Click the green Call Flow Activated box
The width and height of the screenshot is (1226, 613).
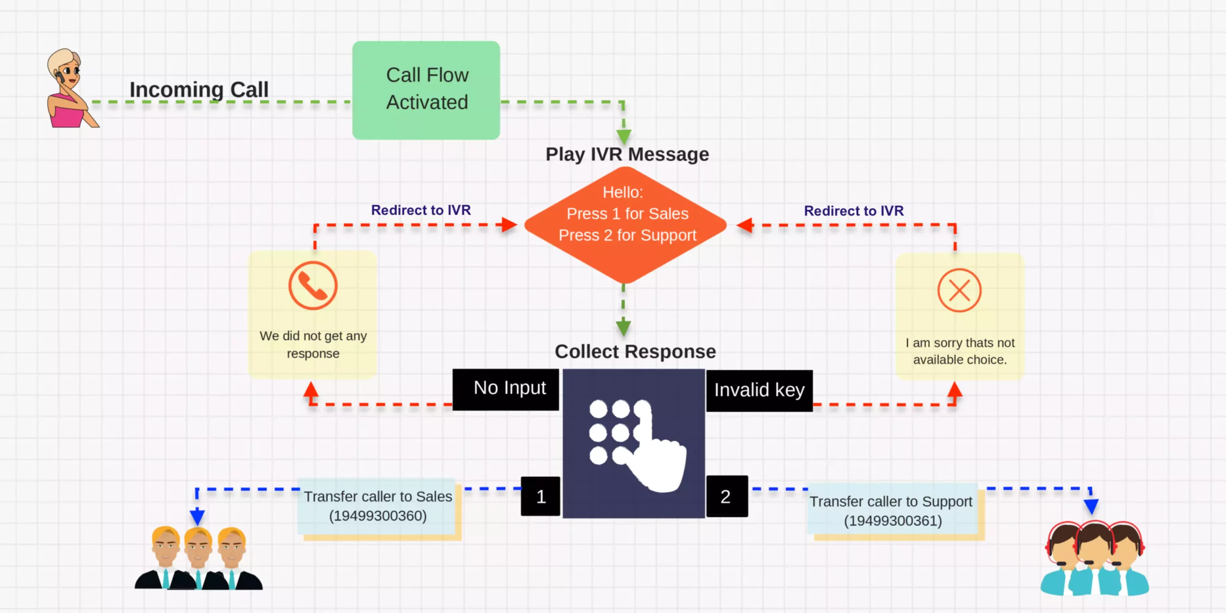pyautogui.click(x=426, y=90)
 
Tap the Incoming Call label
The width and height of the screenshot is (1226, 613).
pyautogui.click(x=199, y=90)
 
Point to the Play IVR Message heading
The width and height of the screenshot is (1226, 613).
pyautogui.click(x=627, y=154)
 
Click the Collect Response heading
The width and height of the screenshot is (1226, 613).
pyautogui.click(x=635, y=352)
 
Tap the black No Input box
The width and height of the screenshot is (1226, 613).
pyautogui.click(x=506, y=389)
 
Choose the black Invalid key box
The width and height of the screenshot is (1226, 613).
pyautogui.click(x=760, y=390)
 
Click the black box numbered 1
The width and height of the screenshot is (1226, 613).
pyautogui.click(x=541, y=496)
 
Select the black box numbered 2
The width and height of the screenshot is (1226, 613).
pyautogui.click(x=727, y=496)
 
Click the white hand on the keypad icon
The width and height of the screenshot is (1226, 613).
pyautogui.click(x=661, y=460)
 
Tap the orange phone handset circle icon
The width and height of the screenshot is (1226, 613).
pyautogui.click(x=313, y=285)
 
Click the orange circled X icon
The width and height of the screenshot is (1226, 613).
pyautogui.click(x=959, y=290)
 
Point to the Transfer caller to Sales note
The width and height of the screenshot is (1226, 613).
pyautogui.click(x=377, y=506)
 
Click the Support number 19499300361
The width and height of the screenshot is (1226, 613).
pyautogui.click(x=893, y=521)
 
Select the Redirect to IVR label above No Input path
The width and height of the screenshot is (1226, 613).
pyautogui.click(x=421, y=210)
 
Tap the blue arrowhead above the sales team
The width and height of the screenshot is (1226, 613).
pyautogui.click(x=197, y=516)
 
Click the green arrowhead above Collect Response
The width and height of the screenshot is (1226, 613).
pyautogui.click(x=623, y=328)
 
